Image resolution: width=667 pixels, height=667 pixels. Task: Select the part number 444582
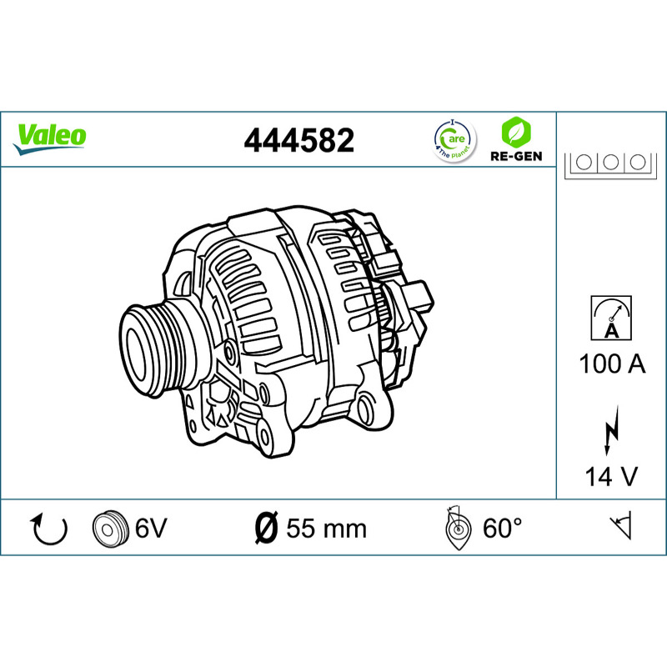tap(299, 140)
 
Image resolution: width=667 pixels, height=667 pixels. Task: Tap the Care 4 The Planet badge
tap(454, 141)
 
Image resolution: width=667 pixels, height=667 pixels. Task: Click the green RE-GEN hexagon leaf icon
tap(516, 132)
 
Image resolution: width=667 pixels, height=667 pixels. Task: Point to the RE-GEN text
tap(516, 156)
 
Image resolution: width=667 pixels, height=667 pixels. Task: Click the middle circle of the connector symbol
tap(610, 162)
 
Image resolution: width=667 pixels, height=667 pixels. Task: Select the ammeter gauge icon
tap(611, 318)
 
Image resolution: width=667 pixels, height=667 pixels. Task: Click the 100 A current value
tap(612, 364)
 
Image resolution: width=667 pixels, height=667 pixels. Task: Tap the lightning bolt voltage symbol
tap(612, 430)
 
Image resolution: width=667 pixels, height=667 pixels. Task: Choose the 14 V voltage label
tap(612, 476)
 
